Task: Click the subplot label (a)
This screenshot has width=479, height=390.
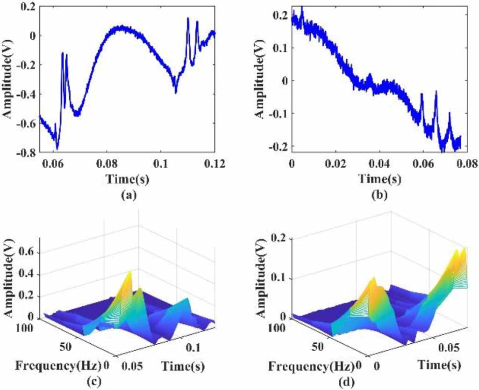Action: point(127,196)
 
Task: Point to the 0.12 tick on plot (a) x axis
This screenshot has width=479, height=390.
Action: point(214,164)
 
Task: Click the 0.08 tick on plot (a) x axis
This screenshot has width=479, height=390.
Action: point(107,164)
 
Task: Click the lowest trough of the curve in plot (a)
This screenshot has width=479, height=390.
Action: point(57,149)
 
